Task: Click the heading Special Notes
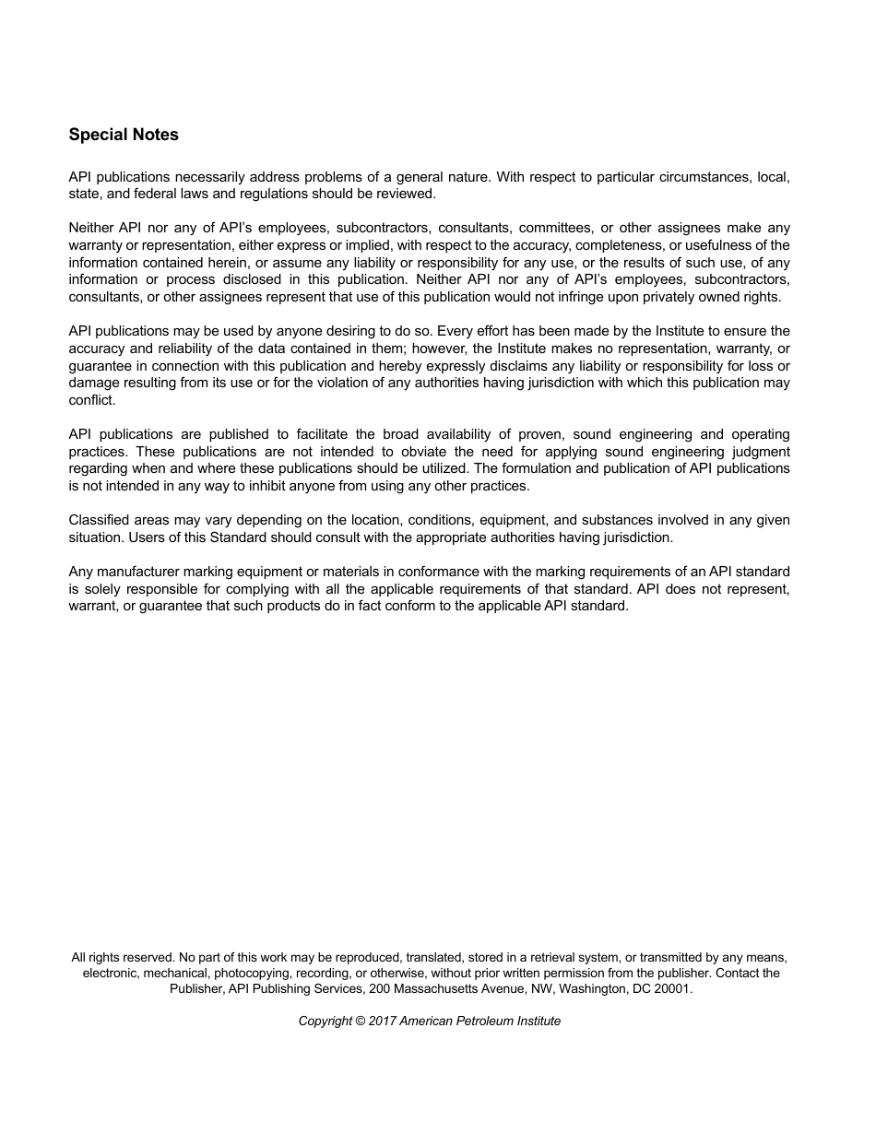pos(124,135)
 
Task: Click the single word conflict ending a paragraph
pos(92,400)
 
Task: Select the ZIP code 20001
pos(671,988)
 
